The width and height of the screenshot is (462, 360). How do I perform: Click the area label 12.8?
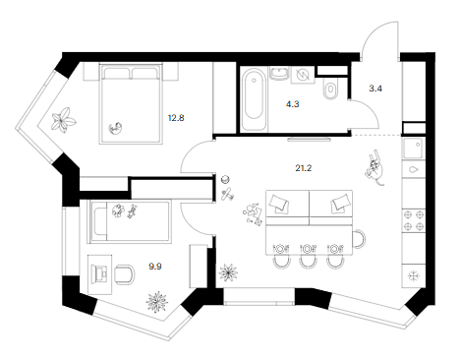[176, 118]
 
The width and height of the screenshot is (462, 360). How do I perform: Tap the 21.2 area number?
[304, 168]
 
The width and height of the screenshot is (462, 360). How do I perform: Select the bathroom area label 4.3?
[292, 104]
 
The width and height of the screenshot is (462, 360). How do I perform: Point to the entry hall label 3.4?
[375, 89]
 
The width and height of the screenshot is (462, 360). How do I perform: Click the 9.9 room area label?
[155, 267]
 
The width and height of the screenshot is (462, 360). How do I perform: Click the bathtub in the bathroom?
[254, 98]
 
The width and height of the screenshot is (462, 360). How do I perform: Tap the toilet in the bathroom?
[330, 89]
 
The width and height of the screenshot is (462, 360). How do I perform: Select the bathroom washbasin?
[279, 73]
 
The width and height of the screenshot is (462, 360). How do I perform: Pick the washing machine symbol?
[302, 75]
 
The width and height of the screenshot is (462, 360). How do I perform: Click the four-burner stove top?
[414, 220]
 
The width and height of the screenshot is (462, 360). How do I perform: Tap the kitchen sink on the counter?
[414, 149]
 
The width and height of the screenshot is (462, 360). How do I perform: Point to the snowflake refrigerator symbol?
[414, 275]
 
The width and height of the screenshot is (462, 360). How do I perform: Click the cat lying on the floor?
[375, 167]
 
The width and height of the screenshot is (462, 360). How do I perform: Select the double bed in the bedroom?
[131, 104]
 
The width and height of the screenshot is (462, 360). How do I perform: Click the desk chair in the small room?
[125, 274]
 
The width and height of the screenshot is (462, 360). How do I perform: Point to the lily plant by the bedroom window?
[64, 120]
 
